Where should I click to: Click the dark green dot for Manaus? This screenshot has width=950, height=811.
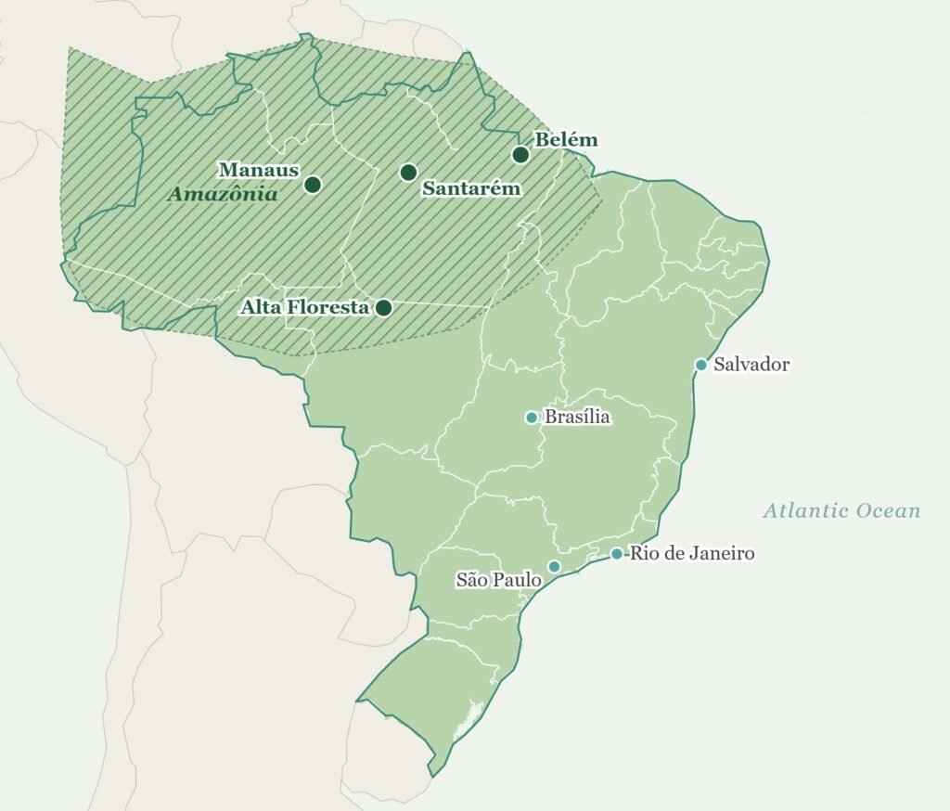(313, 185)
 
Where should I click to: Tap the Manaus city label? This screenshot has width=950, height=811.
(258, 170)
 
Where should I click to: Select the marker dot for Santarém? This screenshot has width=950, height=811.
(408, 173)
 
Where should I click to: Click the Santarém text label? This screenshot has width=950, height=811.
(471, 188)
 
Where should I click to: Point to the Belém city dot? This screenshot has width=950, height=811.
(521, 155)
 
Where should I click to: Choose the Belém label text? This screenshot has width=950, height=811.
(567, 140)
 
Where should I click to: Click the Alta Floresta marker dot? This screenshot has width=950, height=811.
(383, 307)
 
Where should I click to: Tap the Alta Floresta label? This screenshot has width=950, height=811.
(305, 306)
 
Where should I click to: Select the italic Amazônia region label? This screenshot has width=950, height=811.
(223, 195)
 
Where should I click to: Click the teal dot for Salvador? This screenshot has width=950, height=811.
(701, 365)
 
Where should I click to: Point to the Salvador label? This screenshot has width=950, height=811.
(751, 365)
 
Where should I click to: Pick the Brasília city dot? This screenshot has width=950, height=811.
(532, 418)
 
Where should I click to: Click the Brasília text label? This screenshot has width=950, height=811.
(577, 418)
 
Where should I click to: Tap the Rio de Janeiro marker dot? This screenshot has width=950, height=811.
(616, 554)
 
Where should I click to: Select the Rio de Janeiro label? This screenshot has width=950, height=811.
(692, 554)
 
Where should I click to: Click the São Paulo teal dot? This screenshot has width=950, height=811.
(554, 567)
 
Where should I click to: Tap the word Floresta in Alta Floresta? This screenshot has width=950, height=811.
(330, 306)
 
